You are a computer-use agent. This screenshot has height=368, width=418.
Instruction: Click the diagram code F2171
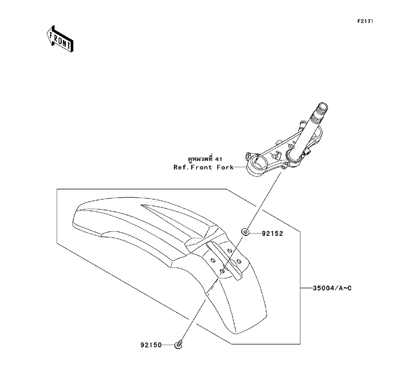click(x=364, y=20)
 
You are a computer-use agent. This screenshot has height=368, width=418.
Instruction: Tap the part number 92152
click(x=273, y=234)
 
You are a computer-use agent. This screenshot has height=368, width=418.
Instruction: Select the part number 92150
click(x=151, y=345)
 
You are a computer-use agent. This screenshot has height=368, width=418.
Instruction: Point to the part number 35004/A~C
click(x=330, y=288)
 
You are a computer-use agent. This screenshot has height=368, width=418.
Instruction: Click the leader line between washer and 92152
click(x=255, y=233)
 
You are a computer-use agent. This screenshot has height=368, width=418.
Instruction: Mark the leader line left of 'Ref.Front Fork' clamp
click(x=240, y=167)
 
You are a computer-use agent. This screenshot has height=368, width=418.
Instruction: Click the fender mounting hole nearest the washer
click(x=229, y=250)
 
